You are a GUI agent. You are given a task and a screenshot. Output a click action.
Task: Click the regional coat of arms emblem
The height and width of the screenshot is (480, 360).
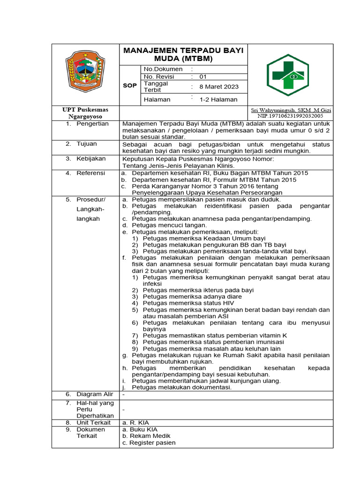tap(85, 71)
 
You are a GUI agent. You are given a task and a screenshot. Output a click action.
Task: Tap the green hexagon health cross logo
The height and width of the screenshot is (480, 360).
tap(287, 75)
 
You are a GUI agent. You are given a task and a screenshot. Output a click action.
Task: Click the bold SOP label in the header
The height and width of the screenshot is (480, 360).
tap(130, 86)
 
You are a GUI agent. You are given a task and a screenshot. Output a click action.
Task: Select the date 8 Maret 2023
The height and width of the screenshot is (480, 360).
tap(219, 87)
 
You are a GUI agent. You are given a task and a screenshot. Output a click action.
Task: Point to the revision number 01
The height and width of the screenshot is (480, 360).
tap(203, 76)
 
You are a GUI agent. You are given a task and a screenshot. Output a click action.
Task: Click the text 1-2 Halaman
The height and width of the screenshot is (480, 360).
tap(218, 99)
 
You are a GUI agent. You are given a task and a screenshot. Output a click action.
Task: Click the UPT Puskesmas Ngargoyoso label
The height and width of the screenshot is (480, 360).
tap(85, 112)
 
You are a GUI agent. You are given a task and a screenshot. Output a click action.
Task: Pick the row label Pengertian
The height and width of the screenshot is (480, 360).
tap(93, 124)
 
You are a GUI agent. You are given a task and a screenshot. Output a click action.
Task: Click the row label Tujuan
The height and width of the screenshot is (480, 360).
tap(87, 144)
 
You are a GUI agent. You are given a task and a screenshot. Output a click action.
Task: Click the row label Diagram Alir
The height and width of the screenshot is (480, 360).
tap(95, 394)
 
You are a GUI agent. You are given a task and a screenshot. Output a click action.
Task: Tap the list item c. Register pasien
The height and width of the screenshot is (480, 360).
tap(149, 442)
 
